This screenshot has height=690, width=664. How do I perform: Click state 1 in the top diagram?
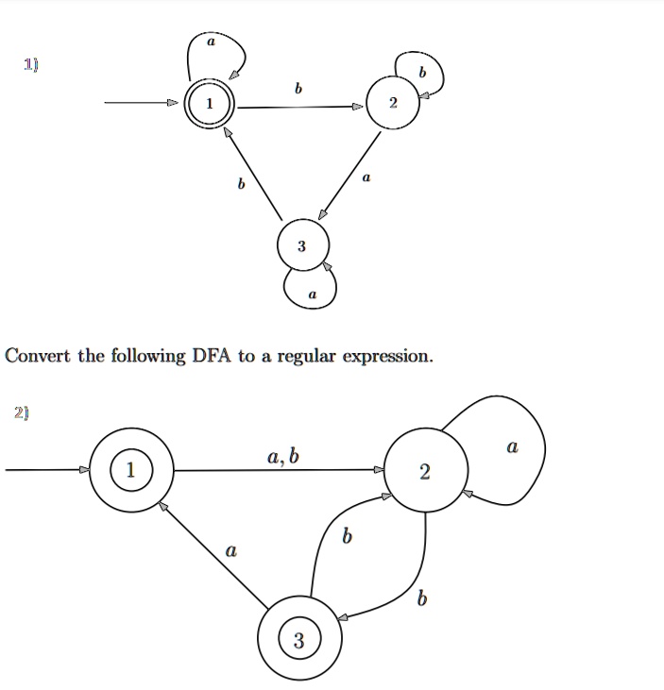(210, 104)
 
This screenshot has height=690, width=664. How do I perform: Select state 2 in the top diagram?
(393, 103)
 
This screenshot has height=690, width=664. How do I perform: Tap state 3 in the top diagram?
(303, 244)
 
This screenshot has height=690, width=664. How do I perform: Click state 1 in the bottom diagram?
(131, 470)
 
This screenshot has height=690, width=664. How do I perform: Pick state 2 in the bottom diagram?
(425, 470)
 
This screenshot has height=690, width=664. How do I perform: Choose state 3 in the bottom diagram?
(299, 638)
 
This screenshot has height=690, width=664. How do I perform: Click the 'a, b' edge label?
(283, 457)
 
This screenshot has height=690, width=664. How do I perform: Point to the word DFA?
(212, 356)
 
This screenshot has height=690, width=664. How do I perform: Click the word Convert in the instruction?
(38, 356)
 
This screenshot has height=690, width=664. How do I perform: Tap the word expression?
(388, 357)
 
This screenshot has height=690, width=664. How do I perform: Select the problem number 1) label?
(31, 65)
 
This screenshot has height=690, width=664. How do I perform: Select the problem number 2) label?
(22, 413)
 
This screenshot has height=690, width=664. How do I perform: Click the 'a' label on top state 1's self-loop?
(212, 42)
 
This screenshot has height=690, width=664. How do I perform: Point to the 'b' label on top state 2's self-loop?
(423, 72)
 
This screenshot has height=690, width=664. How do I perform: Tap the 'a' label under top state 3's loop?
(313, 295)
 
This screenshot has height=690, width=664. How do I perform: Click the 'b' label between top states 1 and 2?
(298, 89)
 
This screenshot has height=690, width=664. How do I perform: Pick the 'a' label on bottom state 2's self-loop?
(513, 446)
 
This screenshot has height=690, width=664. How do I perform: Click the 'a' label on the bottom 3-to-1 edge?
(231, 550)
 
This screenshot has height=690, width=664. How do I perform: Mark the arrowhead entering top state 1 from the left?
(173, 103)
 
